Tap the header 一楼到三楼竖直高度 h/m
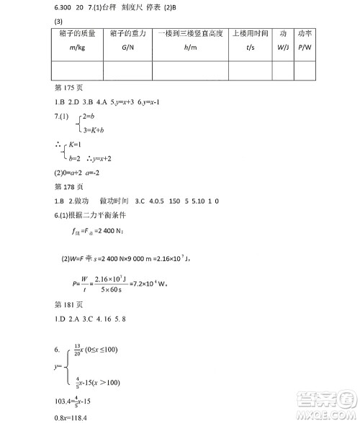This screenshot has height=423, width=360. click(x=190, y=40)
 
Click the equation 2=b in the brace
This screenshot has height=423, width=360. click(x=90, y=116)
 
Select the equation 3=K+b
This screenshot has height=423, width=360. click(x=94, y=129)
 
